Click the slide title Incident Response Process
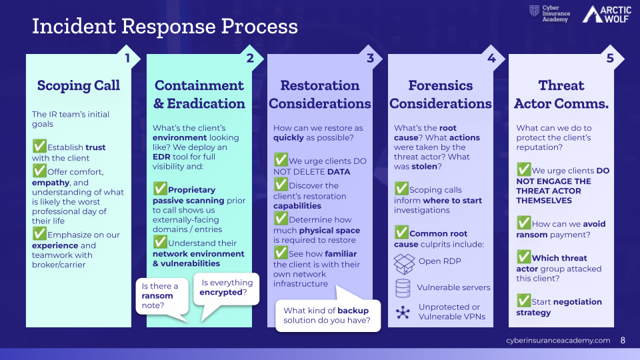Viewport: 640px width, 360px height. click(165, 27)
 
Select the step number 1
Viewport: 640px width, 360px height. click(127, 58)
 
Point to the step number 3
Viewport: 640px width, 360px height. click(370, 58)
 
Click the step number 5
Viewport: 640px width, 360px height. click(610, 58)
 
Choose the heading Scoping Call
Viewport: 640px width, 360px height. click(79, 85)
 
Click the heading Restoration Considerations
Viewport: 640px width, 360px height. click(320, 95)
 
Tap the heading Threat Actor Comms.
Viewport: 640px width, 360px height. click(561, 95)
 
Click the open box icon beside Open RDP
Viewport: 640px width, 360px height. click(404, 263)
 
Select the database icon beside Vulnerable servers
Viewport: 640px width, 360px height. click(403, 288)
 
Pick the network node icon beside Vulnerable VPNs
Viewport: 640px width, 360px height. click(403, 312)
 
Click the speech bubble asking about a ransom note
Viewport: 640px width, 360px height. click(161, 296)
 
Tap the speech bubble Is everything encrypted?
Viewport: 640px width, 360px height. click(227, 288)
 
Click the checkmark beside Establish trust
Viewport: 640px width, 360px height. click(39, 145)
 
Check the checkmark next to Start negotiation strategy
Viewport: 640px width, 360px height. click(523, 301)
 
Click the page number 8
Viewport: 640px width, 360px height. click(623, 341)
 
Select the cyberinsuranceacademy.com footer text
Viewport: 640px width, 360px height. click(558, 341)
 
